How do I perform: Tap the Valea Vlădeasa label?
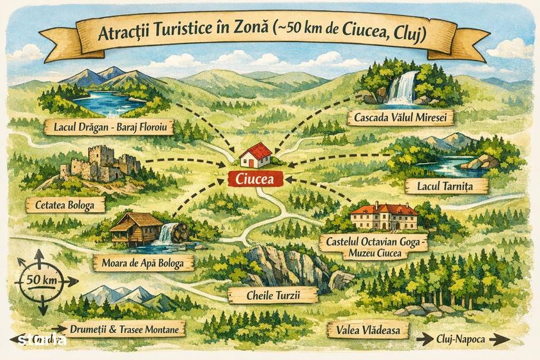pyautogui.click(x=359, y=330)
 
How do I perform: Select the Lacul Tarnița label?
pyautogui.click(x=447, y=185)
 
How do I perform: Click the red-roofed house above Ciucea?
pyautogui.click(x=256, y=155)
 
